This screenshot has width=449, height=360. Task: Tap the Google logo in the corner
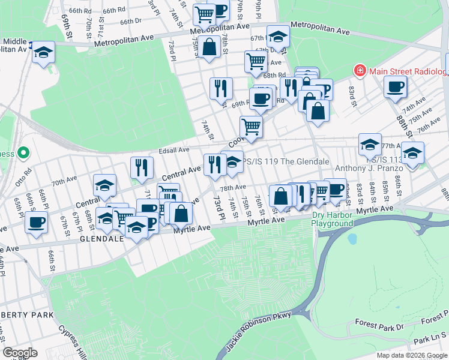click(20, 353)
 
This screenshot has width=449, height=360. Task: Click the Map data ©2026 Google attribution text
click(412, 355)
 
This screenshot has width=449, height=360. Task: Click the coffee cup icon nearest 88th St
click(396, 86)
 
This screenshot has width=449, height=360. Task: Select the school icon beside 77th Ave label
click(370, 143)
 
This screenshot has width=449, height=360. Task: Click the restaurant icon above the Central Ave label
click(142, 167)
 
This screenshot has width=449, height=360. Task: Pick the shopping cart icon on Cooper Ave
click(251, 127)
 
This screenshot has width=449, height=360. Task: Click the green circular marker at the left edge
click(23, 154)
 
